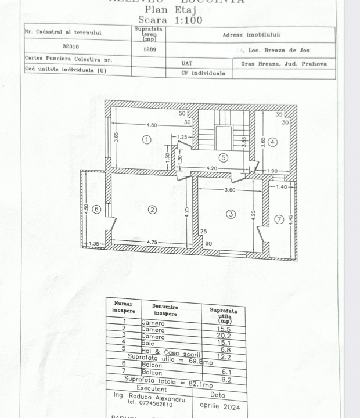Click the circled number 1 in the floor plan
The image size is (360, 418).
(146, 139)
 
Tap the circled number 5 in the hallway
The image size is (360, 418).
(223, 157)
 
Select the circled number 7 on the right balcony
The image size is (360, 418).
(279, 219)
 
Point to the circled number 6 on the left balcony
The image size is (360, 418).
(96, 209)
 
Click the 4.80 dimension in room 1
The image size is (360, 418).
(152, 125)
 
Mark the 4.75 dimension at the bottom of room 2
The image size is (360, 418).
(152, 242)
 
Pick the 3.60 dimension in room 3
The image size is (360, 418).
(230, 190)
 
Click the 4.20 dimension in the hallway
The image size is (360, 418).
(213, 168)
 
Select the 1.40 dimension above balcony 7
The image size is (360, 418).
(281, 186)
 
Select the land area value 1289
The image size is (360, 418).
(149, 49)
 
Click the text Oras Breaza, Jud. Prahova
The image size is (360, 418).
(284, 64)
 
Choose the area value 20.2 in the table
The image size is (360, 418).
(222, 336)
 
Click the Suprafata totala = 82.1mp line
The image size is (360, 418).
(168, 383)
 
